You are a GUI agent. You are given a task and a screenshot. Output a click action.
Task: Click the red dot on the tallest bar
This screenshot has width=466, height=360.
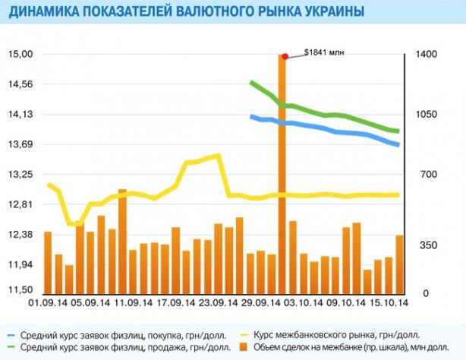click(x=284, y=56)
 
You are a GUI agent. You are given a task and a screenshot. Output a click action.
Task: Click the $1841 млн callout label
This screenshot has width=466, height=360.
click(x=324, y=52)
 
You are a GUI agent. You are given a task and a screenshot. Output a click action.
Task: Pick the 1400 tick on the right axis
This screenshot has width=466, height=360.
click(x=425, y=55)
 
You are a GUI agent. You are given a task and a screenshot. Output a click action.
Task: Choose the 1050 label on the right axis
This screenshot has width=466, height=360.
click(x=425, y=115)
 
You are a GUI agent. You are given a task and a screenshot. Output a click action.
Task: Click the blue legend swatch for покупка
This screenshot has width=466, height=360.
click(x=11, y=333)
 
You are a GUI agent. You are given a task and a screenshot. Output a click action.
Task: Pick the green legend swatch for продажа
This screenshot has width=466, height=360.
click(x=11, y=347)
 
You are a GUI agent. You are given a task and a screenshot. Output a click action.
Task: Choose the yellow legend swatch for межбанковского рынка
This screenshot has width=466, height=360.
click(x=245, y=333)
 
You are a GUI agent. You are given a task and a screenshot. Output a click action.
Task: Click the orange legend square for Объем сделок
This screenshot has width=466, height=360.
click(x=245, y=347)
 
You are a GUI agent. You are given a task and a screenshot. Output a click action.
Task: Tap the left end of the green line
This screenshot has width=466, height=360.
click(x=251, y=82)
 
